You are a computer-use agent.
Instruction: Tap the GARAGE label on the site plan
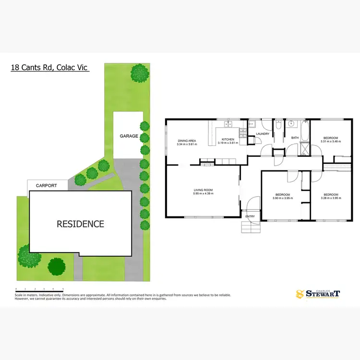click(x=129, y=136)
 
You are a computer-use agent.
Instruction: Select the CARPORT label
click(x=47, y=185)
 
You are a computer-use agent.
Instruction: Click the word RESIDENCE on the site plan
click(x=80, y=224)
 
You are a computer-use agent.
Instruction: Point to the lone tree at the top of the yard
click(x=140, y=73)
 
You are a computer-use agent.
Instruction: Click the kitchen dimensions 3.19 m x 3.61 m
click(x=228, y=143)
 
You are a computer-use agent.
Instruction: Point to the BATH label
click(x=295, y=138)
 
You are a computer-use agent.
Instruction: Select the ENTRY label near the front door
click(x=250, y=216)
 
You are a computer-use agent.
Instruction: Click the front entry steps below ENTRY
click(x=250, y=227)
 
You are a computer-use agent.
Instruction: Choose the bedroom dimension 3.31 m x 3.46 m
click(x=331, y=142)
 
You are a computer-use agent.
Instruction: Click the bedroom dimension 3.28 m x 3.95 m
click(x=330, y=198)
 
